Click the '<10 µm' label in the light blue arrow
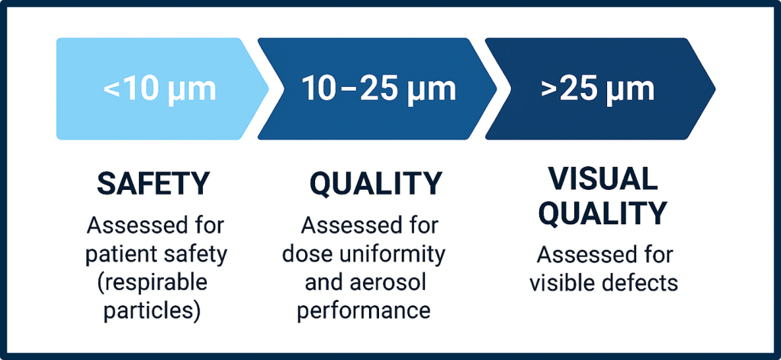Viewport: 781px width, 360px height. click(x=159, y=89)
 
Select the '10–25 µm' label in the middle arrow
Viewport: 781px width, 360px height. click(x=378, y=88)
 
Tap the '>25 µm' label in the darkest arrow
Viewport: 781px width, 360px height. click(x=597, y=88)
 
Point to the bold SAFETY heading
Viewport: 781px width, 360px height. click(x=153, y=183)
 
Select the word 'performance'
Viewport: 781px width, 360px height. click(x=364, y=310)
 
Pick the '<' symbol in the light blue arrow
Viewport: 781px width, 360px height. click(x=111, y=90)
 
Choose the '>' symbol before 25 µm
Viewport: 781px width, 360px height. click(x=549, y=89)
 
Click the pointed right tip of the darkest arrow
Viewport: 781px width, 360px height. click(x=712, y=88)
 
